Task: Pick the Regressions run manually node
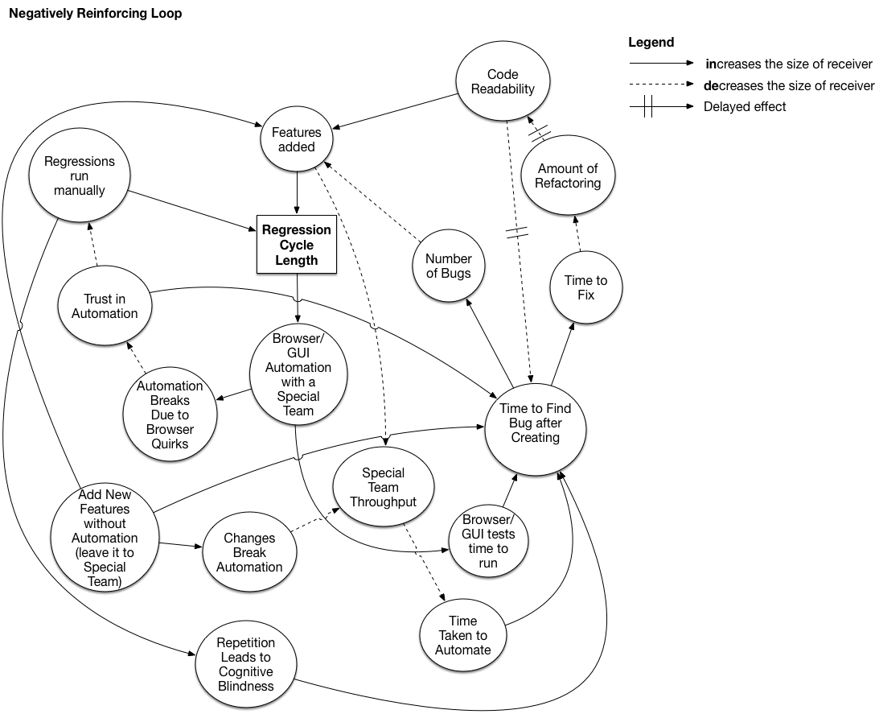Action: point(79,175)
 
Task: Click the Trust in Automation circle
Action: point(105,306)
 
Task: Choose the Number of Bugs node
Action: point(448,266)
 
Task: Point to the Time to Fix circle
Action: point(585,287)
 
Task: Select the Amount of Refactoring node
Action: point(568,175)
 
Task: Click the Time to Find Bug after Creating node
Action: point(535,423)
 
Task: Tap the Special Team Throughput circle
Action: point(383,487)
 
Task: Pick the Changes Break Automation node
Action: point(249,552)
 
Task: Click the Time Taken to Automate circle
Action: point(462,634)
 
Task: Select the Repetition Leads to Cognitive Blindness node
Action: point(245,664)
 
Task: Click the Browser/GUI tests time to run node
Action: point(488,541)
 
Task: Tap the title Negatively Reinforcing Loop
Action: point(95,14)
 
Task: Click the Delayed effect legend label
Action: point(744,106)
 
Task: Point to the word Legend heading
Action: point(651,43)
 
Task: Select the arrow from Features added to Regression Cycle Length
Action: point(298,192)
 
